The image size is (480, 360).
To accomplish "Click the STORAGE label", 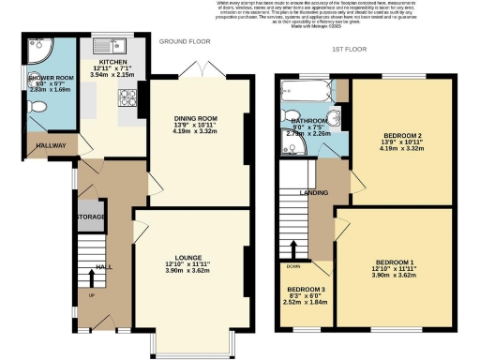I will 91,217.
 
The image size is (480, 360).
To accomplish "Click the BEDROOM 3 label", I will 307,289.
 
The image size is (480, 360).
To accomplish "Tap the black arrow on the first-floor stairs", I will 295,251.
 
